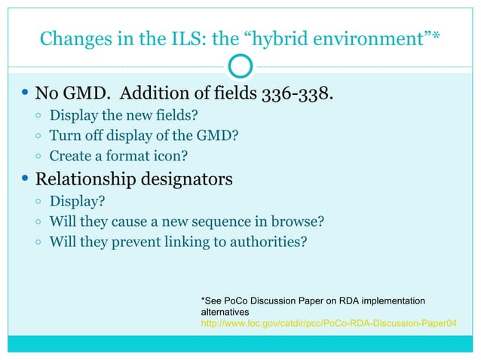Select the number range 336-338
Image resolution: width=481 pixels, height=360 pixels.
click(x=296, y=95)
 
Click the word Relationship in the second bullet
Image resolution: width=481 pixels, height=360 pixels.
click(x=84, y=180)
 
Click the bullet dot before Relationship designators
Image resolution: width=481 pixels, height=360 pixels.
click(x=25, y=180)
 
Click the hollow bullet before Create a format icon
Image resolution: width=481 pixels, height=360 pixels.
click(x=38, y=157)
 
